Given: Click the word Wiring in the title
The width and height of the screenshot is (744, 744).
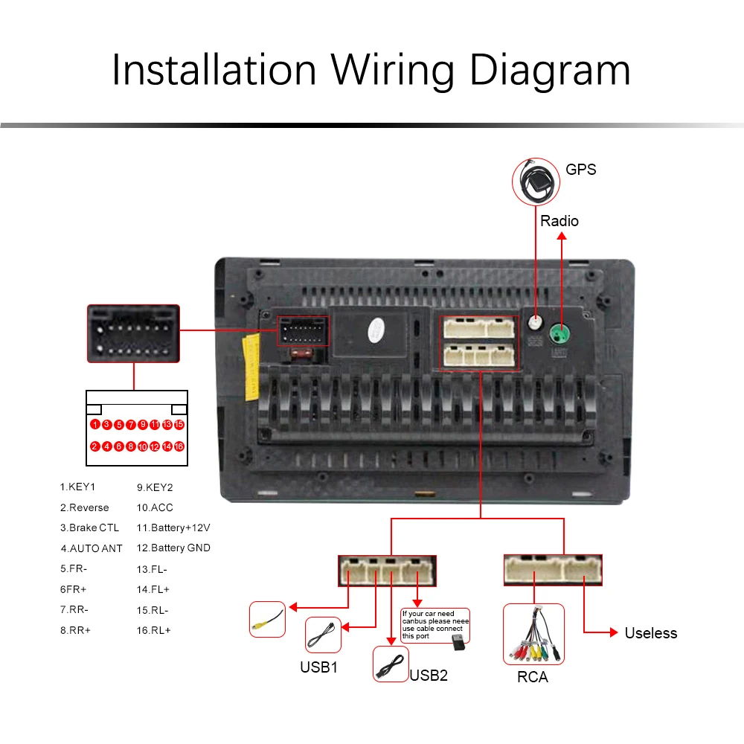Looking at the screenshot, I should (x=391, y=71).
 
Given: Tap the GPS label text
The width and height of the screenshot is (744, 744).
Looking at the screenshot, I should (x=580, y=169).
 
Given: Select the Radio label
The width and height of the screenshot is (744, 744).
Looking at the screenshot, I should (x=559, y=221).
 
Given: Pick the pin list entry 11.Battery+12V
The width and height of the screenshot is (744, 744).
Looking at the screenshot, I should (x=173, y=528).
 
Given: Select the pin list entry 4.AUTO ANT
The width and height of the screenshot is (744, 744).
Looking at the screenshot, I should (x=92, y=548).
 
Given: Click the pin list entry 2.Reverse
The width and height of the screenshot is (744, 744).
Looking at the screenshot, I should (x=85, y=508).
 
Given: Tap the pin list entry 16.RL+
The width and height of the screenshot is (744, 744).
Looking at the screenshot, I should (x=153, y=630).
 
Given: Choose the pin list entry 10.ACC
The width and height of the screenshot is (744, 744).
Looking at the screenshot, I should (x=155, y=508).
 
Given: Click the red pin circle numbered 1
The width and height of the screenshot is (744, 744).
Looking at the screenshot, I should (x=95, y=425).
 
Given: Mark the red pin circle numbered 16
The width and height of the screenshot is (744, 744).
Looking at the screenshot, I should (x=179, y=446).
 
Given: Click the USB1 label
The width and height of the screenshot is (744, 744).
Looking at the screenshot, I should (x=318, y=667).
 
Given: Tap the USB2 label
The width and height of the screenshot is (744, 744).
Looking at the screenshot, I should (x=429, y=676).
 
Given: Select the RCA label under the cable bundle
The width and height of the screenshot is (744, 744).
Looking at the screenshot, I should (x=532, y=677).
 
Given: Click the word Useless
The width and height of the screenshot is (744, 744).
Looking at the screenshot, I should (x=650, y=633).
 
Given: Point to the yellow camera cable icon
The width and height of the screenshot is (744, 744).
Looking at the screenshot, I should (x=267, y=619).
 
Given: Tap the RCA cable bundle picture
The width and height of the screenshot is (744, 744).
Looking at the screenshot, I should (x=533, y=635).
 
